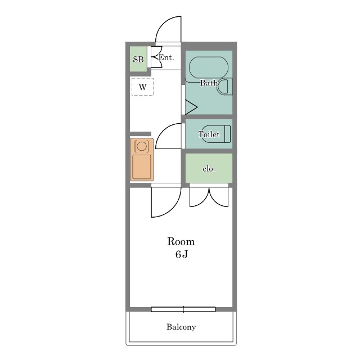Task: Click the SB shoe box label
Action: coord(138,60)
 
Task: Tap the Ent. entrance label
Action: coord(166,57)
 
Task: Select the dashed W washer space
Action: coord(142,87)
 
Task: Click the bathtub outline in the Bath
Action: coord(209,67)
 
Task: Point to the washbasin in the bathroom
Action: coord(225,87)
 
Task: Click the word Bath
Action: coord(209,83)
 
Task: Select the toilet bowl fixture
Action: coord(216,134)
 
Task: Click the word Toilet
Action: coord(209,134)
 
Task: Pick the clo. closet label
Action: coord(209,169)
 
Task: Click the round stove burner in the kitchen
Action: coord(141,146)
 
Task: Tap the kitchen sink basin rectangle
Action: coord(142,167)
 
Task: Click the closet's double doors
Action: coord(209,197)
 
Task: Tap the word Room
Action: coord(181,242)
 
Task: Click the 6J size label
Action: coord(182,254)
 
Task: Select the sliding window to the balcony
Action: coord(183,309)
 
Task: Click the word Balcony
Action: coord(181,327)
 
